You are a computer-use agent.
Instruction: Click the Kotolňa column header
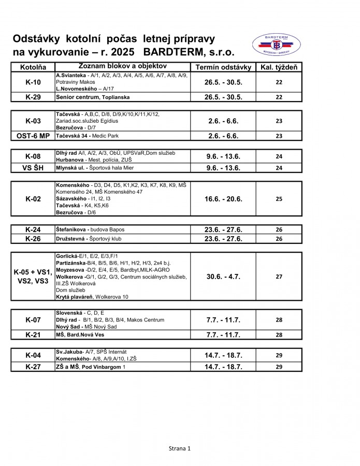[33, 67]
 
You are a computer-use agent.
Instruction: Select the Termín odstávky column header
[223, 67]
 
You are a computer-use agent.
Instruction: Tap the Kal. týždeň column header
[279, 67]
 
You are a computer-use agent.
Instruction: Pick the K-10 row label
[33, 82]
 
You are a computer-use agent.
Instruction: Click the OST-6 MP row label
[33, 136]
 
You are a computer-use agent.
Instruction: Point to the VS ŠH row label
[33, 168]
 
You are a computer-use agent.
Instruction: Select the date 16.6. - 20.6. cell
[223, 199]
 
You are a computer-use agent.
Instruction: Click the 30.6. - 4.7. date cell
[223, 276]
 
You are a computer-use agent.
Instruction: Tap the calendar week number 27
[279, 276]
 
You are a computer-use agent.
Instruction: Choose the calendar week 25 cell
[279, 199]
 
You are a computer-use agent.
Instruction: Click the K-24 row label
[33, 229]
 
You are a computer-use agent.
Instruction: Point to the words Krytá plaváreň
[73, 297]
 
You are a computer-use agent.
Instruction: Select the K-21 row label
[33, 335]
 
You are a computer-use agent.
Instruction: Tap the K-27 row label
[33, 367]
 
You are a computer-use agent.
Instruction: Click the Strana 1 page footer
[180, 448]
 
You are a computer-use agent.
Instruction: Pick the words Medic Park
[106, 136]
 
